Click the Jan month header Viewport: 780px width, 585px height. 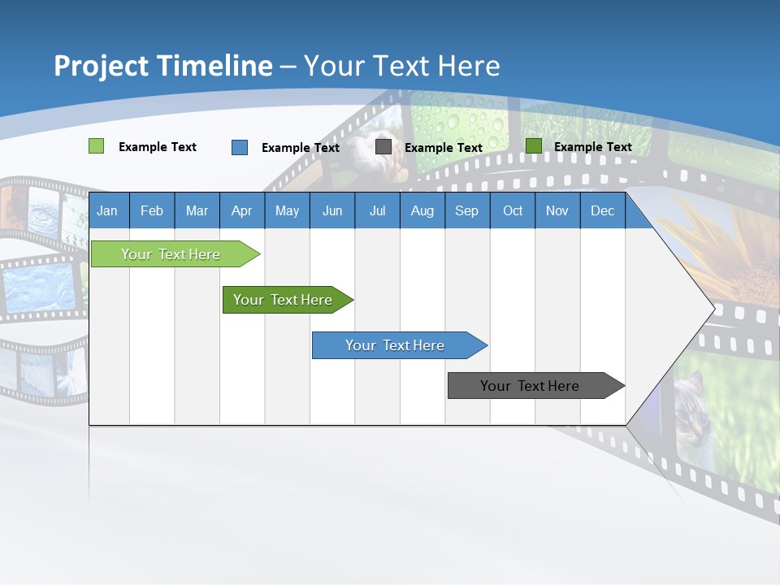(x=107, y=210)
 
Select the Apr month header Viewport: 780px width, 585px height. (x=241, y=210)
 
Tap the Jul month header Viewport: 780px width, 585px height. (x=377, y=210)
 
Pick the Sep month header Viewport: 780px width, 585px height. (x=466, y=210)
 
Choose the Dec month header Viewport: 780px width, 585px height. (x=602, y=210)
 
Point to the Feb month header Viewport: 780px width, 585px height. (x=152, y=210)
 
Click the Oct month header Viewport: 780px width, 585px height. (x=513, y=210)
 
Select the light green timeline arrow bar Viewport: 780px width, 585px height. (x=171, y=254)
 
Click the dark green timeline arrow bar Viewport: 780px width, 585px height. (x=284, y=300)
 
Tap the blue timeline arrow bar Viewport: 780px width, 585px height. (x=396, y=345)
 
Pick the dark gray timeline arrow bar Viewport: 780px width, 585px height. (x=531, y=386)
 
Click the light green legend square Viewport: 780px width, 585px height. (x=96, y=146)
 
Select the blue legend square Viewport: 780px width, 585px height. (x=240, y=147)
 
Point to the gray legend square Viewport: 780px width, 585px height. (x=383, y=147)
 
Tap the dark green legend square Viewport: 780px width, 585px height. (x=533, y=146)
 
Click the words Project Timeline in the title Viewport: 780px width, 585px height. (x=163, y=66)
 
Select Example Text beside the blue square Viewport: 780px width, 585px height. (x=301, y=148)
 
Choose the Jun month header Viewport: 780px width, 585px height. (x=332, y=210)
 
